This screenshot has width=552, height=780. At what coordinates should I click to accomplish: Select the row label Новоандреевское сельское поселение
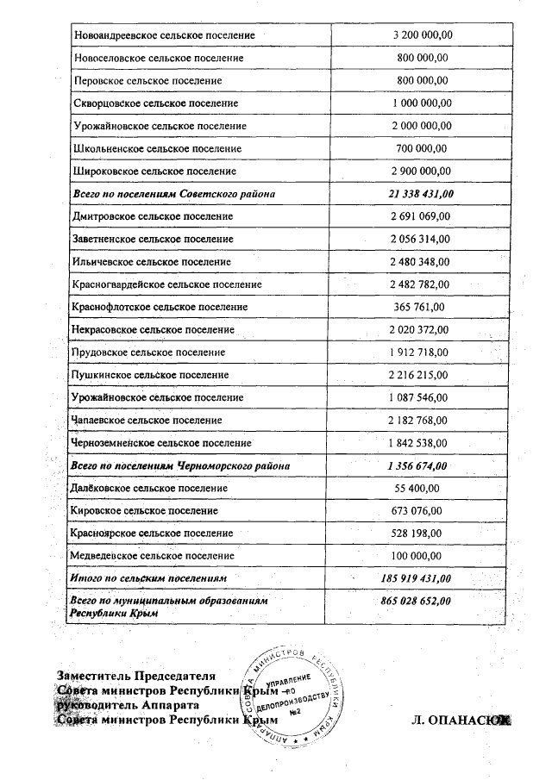coord(165,34)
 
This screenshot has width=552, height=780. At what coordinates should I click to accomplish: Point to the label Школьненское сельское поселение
coord(158,148)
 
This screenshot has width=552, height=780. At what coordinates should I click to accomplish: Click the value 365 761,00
coord(417,306)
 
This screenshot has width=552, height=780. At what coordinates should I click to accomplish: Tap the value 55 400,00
coord(417,488)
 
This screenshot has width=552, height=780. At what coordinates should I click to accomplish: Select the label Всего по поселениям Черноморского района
coord(179,465)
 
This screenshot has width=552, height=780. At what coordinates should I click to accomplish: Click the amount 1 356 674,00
coord(417,465)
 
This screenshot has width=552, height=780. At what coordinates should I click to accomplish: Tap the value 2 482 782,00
coord(418,284)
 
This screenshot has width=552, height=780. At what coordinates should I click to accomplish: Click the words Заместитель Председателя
coord(136,676)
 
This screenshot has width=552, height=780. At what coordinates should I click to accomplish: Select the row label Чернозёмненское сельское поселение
coord(163,443)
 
